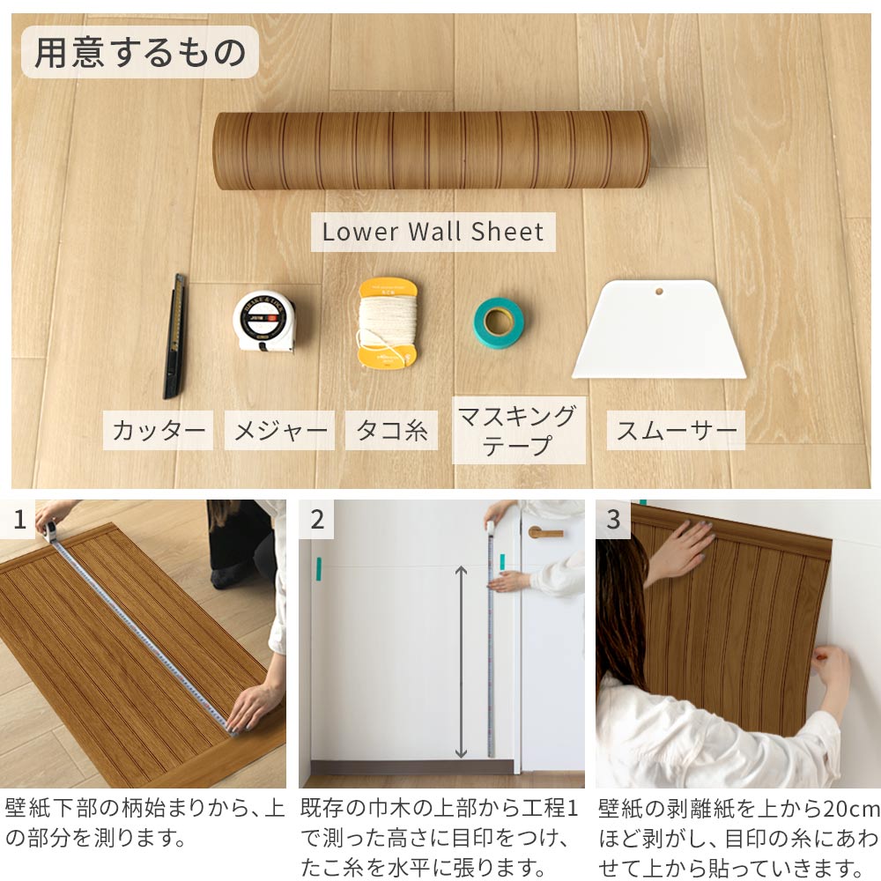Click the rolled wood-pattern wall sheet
(x=431, y=150)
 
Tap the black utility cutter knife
(x=175, y=336)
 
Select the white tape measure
(x=263, y=322)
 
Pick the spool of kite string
(x=387, y=323)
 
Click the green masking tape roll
(x=499, y=322)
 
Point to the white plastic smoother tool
(x=659, y=333)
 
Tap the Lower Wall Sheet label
(x=433, y=233)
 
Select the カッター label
(x=159, y=432)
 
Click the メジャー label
(x=279, y=432)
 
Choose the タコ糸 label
(x=391, y=431)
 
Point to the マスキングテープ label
(x=518, y=430)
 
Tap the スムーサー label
(x=677, y=431)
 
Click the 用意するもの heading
(x=140, y=53)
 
